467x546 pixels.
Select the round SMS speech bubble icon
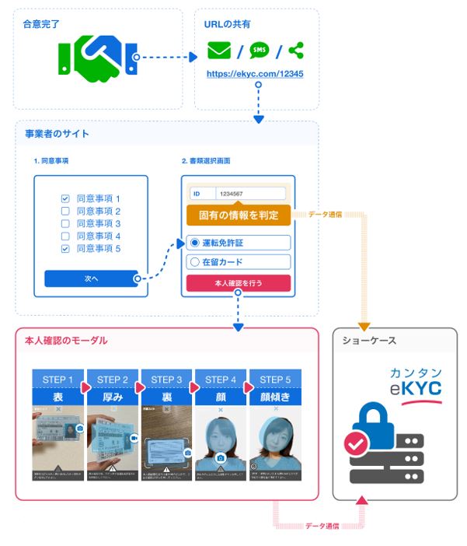point(259,51)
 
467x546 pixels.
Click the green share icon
point(295,51)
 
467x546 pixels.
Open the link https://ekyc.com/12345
point(255,74)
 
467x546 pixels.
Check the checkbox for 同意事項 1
point(65,199)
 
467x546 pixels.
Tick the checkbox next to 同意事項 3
point(65,224)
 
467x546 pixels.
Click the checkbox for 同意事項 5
point(65,249)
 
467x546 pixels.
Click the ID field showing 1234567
point(249,194)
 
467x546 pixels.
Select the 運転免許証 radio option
point(195,243)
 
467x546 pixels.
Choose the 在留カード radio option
point(195,262)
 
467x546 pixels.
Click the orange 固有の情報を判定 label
point(239,214)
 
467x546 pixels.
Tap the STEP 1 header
point(58,380)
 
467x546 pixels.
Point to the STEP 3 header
point(167,380)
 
